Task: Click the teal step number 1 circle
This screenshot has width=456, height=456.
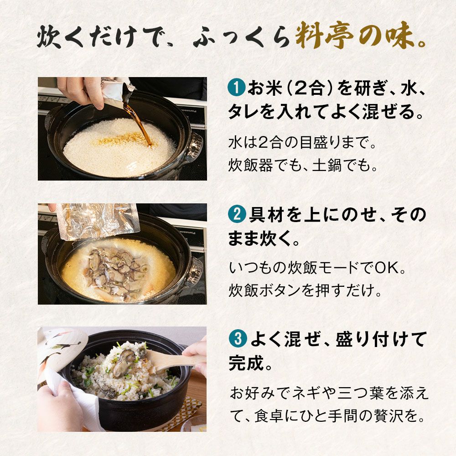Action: click(237, 88)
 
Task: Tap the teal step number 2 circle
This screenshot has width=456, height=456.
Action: click(237, 214)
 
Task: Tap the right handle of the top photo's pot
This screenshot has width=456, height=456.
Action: click(195, 145)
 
